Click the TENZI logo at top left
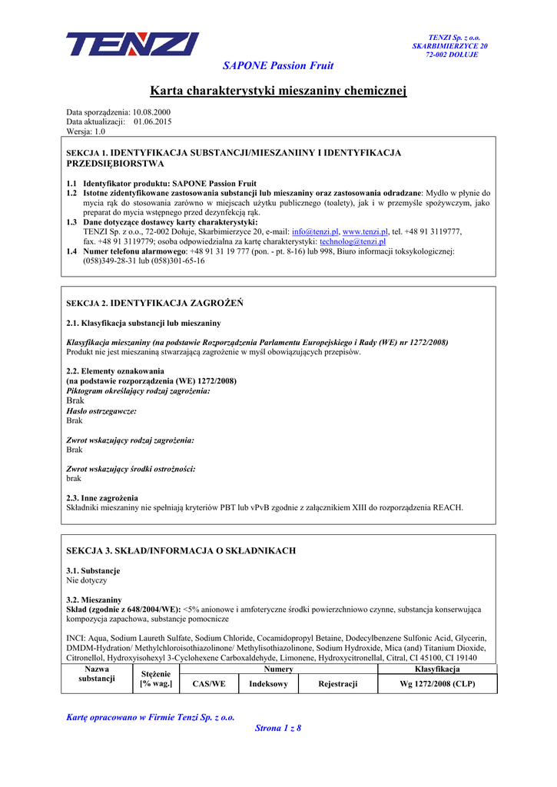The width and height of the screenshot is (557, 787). (132, 44)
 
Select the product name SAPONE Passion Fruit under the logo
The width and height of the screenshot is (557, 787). (278, 66)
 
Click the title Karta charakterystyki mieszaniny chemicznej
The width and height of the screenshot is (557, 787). (278, 91)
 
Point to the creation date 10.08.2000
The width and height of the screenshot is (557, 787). (152, 113)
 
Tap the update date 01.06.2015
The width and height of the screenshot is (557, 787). (152, 122)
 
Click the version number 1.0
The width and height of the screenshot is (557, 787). (100, 131)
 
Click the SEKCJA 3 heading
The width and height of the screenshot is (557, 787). (181, 551)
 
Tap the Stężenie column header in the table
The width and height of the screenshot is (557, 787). (155, 679)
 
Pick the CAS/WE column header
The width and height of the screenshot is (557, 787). (209, 684)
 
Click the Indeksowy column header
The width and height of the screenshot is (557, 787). (268, 684)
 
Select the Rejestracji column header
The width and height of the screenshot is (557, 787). (338, 684)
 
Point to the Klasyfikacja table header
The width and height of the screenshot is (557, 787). (437, 670)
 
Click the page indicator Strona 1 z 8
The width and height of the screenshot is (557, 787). (278, 729)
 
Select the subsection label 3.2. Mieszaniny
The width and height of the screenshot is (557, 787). (94, 599)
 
